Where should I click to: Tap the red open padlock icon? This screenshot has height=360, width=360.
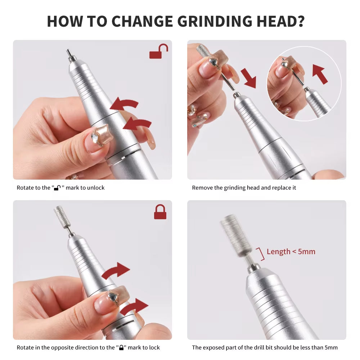159,52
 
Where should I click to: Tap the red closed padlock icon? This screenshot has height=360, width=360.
160,212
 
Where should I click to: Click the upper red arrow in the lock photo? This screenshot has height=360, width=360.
116,270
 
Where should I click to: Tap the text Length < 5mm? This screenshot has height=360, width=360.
291,252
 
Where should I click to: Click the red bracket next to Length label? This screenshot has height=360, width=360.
261,254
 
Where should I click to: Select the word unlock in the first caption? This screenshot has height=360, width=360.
96,188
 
